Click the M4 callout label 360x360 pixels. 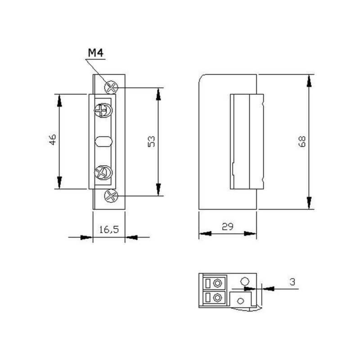[95, 53]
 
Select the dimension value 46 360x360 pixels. [53, 139]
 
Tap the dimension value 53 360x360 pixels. [152, 141]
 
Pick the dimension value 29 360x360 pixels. [228, 227]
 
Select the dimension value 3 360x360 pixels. [292, 282]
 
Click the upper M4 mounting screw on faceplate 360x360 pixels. [111, 86]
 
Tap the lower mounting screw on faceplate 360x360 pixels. [111, 196]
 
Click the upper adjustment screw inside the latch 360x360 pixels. [103, 109]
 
